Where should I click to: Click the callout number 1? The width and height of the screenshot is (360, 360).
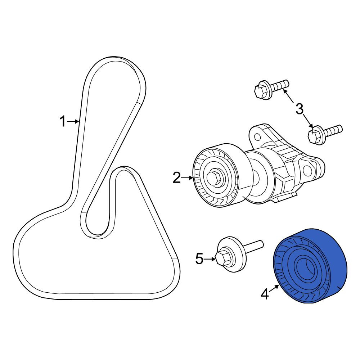(63, 121)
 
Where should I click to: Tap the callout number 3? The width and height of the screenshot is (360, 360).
(300, 109)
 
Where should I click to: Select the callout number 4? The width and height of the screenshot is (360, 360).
(265, 294)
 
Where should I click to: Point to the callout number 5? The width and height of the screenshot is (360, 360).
(199, 259)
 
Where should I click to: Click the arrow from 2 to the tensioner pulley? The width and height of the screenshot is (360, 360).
(187, 177)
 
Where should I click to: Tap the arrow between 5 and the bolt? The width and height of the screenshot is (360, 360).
(210, 259)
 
